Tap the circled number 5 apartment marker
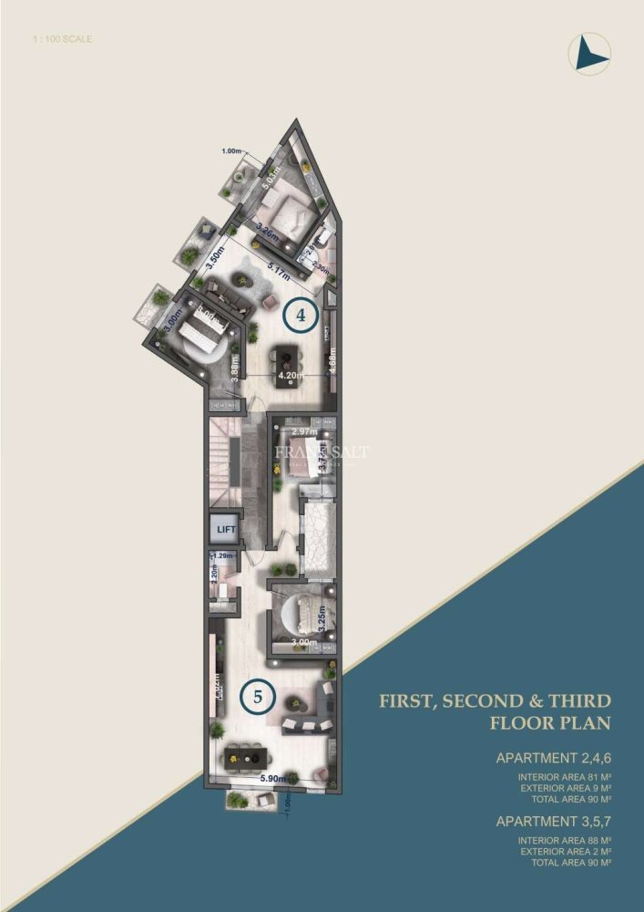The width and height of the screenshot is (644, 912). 259,697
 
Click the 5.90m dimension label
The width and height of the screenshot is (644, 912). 273,779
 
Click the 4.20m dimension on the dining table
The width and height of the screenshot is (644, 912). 290,374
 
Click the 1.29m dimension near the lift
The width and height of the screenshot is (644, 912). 223,555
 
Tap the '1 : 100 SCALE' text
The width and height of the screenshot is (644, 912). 61,39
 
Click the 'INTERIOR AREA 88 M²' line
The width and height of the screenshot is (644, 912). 564,840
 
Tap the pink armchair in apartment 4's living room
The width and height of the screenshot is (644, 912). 270,302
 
